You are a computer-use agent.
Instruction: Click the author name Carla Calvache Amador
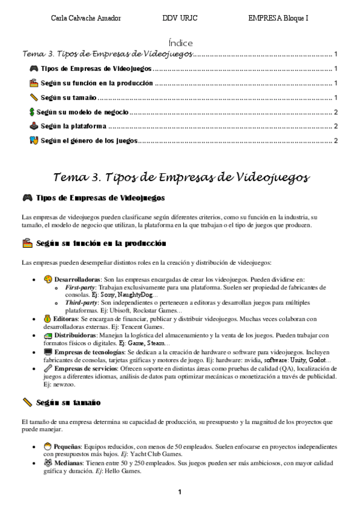pyautogui.click(x=86, y=19)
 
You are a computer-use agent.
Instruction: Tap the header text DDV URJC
pyautogui.click(x=178, y=19)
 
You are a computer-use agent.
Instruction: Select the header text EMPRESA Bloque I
pyautogui.click(x=278, y=19)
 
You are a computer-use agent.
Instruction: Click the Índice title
pyautogui.click(x=180, y=43)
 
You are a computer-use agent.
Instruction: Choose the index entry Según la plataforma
pyautogui.click(x=73, y=126)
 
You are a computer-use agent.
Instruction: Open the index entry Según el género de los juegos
pyautogui.click(x=89, y=141)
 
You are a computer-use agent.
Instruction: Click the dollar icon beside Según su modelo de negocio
pyautogui.click(x=32, y=112)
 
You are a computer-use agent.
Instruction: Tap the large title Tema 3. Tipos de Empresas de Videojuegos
pyautogui.click(x=181, y=177)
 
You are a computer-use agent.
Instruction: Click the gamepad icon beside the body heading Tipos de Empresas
pyautogui.click(x=26, y=197)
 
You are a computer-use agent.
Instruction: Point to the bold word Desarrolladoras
pyautogui.click(x=77, y=279)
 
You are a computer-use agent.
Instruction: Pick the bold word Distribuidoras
pyautogui.click(x=79, y=334)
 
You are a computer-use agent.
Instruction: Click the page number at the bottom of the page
pyautogui.click(x=179, y=493)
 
